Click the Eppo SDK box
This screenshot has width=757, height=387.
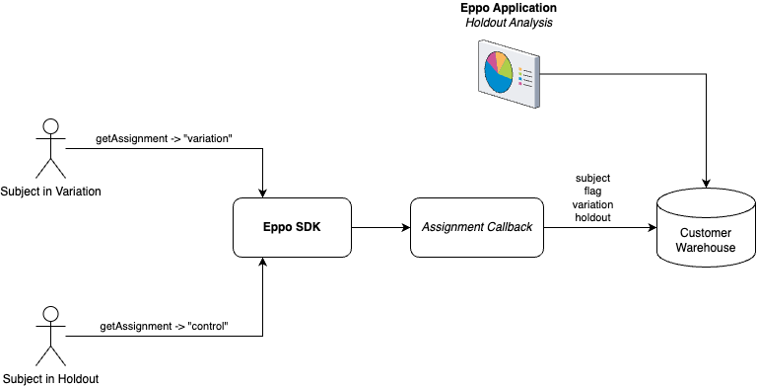point(292,227)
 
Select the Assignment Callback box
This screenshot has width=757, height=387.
point(477,227)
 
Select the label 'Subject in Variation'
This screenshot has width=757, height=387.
point(51,191)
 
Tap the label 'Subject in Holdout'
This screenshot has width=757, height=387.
point(50,378)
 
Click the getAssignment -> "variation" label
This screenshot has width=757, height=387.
point(164,138)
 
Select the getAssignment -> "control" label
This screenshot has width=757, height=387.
point(164,326)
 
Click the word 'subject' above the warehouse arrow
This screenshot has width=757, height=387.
point(593,178)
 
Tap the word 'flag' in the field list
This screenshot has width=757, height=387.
point(593,192)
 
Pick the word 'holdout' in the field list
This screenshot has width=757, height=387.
point(593,217)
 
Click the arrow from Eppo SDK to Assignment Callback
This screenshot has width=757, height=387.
point(379,227)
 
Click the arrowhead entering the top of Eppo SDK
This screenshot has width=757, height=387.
point(263,193)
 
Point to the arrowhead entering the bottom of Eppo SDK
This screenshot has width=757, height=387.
point(263,262)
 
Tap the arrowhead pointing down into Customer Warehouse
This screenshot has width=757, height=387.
point(706,183)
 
